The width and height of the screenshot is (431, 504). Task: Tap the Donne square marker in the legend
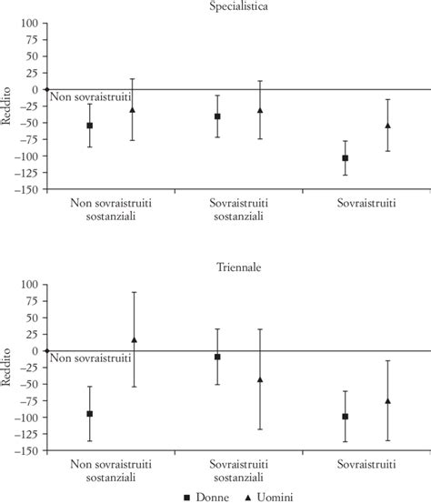click(x=186, y=497)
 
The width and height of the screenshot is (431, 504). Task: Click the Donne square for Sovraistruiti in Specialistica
click(x=345, y=158)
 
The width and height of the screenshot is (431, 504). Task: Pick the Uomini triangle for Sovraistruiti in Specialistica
click(x=387, y=126)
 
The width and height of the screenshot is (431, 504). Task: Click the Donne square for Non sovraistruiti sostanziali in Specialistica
click(x=89, y=126)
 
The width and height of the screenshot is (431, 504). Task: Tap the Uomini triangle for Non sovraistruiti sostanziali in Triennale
click(x=133, y=339)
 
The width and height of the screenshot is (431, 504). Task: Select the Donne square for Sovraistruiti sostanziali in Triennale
click(x=217, y=357)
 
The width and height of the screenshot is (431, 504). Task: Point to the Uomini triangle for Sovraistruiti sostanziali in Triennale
click(x=260, y=379)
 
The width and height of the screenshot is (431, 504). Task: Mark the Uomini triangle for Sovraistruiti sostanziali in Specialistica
click(x=260, y=110)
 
